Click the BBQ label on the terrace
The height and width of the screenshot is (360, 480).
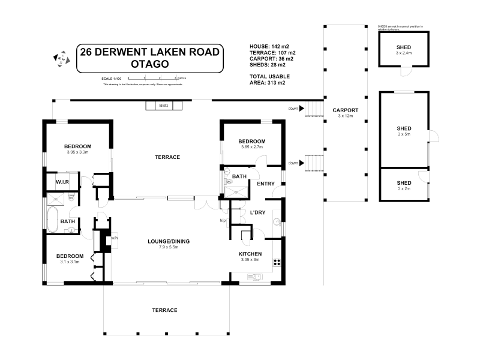pos(163,106)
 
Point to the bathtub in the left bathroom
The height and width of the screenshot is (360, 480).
pos(52,220)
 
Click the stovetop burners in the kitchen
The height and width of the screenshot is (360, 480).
pos(277,262)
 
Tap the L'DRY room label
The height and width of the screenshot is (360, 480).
pos(257,212)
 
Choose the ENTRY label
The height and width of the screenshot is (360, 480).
pos(265,184)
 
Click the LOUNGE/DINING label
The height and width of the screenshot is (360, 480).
pos(169,241)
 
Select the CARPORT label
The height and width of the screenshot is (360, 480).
pos(345,110)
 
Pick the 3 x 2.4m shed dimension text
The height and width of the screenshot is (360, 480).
pos(403,53)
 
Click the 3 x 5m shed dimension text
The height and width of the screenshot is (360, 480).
pos(403,134)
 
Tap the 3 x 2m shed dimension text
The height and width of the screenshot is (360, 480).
pos(403,189)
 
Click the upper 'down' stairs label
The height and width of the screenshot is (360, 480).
pos(293,109)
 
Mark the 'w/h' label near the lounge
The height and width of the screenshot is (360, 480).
pos(115,237)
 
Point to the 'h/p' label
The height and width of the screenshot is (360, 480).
pos(223,220)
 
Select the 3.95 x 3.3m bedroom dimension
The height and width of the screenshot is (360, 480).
pos(77,152)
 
